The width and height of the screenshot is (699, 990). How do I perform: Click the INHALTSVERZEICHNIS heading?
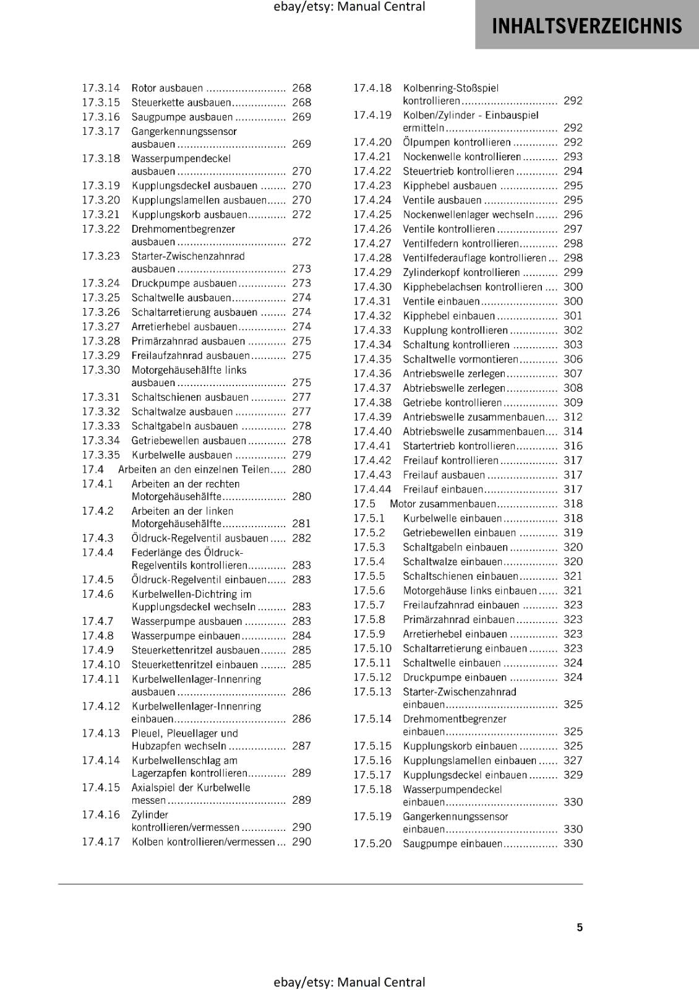coord(586,26)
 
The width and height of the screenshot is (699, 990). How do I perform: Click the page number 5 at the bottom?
coord(580,927)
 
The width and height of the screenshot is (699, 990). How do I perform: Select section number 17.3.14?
coord(101,88)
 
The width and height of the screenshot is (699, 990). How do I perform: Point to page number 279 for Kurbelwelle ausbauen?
coord(301,455)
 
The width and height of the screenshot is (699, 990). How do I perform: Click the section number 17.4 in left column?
coord(93,469)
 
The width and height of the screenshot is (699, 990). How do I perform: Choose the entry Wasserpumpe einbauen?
coord(185,635)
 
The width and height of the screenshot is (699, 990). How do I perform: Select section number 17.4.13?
coord(101,733)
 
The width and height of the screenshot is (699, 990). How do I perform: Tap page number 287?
coord(301,746)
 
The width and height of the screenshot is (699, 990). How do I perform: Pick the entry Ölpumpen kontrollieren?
coord(457,142)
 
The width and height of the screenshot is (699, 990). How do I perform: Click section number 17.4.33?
coord(372,330)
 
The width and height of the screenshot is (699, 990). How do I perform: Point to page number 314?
coord(573,431)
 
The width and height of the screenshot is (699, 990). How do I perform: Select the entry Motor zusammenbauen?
coord(443,504)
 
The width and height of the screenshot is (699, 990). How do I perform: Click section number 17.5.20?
coord(372,843)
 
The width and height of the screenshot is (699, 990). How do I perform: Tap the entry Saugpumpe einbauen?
coord(452,843)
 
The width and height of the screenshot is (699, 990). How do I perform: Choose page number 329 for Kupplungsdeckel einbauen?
coord(573,775)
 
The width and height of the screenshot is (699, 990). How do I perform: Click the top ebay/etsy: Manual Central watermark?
coord(349,7)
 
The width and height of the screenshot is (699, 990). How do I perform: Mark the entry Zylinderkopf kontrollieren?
coord(461,272)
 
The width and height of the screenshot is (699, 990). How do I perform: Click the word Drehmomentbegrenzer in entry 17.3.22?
coord(183,229)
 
